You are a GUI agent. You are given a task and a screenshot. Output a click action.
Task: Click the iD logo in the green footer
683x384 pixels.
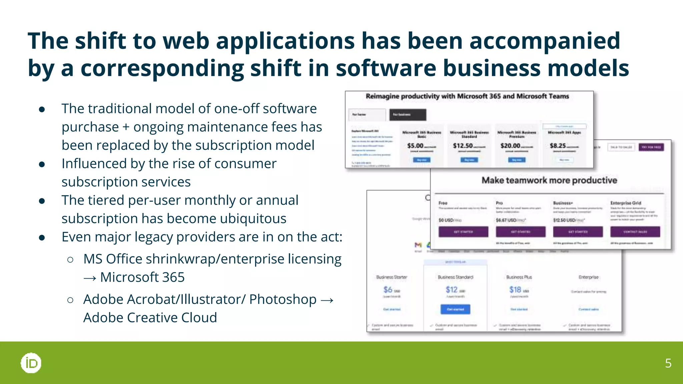[31, 363]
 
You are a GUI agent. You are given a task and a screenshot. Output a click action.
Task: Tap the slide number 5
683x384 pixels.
[668, 363]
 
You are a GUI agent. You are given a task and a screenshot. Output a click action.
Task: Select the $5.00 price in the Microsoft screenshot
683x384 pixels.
[416, 146]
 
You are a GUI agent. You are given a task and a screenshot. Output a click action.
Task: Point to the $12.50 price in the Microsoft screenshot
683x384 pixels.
[463, 146]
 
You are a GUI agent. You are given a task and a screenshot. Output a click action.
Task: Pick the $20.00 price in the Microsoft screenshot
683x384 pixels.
[510, 146]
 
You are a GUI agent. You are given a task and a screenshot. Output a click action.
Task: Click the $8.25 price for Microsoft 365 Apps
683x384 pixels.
[558, 146]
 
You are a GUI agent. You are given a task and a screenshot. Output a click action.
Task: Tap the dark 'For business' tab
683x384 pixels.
[408, 115]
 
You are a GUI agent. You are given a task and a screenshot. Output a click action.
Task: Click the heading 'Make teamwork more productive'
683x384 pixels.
[549, 180]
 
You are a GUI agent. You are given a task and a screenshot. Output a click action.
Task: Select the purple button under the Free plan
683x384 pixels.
[463, 232]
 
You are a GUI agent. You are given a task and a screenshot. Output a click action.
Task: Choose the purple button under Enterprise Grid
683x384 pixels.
[635, 232]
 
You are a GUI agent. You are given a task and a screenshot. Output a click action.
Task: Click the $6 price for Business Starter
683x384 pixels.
[388, 290]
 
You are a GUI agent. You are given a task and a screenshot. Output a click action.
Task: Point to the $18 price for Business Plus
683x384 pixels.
[515, 290]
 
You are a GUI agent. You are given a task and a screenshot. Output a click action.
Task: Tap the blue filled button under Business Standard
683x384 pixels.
[455, 309]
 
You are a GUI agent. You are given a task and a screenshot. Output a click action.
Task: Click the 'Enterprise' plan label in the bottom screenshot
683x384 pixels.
[589, 277]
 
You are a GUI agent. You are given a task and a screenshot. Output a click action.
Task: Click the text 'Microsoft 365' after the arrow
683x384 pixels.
[142, 277]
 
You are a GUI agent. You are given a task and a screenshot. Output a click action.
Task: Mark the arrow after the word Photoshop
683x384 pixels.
[327, 300]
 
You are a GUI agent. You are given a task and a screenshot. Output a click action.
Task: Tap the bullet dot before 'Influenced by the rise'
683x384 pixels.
[42, 164]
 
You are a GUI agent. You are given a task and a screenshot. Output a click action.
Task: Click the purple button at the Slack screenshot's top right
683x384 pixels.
[651, 147]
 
